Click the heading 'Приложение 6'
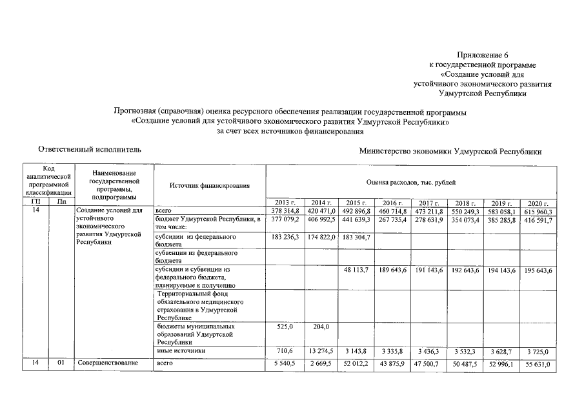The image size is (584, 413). coord(482,55)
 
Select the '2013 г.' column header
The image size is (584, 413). coord(284,203)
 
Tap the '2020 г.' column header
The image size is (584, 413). coord(538,203)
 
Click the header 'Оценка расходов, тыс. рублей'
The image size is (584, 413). coord(411,184)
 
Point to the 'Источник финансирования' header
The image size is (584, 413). coord(210,186)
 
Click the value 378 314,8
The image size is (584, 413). coord(284,211)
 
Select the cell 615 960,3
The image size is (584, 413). coord(538,211)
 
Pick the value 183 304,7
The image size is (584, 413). coord(356,237)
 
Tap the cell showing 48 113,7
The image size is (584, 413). coord(356,269)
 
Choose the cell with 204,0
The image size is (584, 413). coord(320,327)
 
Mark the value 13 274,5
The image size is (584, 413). coord(320,350)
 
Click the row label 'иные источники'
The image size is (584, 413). coord(181,350)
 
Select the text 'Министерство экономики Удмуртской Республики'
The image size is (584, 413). coord(451,151)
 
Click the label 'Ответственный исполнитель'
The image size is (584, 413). coord(89,149)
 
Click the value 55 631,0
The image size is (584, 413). coord(538,365)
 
